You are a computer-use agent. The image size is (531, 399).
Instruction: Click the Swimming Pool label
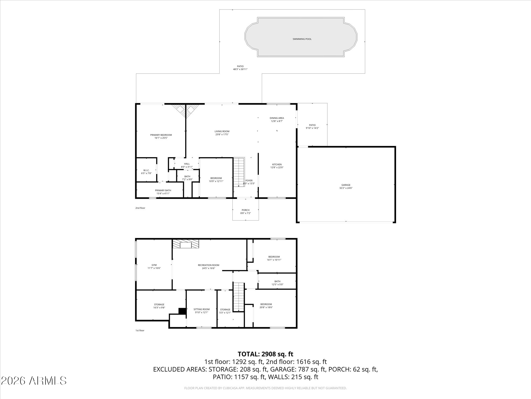tap(302, 39)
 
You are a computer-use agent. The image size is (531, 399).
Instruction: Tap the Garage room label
tap(346, 185)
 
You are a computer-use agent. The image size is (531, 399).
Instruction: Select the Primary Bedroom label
tap(161, 135)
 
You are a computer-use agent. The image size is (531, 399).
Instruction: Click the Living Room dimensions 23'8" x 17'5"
tap(222, 135)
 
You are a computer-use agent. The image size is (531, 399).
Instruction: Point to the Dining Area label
tap(277, 118)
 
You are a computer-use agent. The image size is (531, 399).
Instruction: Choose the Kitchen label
tap(277, 164)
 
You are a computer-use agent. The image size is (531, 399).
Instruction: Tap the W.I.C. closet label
tap(146, 170)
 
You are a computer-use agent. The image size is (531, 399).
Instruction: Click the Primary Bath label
tap(163, 190)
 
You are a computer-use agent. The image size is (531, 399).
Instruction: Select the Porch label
tap(245, 210)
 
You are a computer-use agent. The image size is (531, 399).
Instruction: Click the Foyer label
tap(249, 181)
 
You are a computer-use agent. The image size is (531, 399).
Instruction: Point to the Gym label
tap(154, 265)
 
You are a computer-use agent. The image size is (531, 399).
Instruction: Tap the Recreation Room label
tap(208, 265)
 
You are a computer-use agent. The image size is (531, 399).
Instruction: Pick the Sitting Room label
tap(202, 309)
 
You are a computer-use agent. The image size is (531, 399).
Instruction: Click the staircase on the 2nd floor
tap(238, 170)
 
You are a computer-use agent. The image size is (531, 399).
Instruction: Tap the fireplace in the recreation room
tap(186, 244)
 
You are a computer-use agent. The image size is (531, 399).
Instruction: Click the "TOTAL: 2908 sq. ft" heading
tap(265, 354)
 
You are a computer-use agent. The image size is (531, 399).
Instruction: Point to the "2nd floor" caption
tap(140, 208)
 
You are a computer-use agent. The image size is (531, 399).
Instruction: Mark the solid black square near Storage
tap(182, 311)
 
